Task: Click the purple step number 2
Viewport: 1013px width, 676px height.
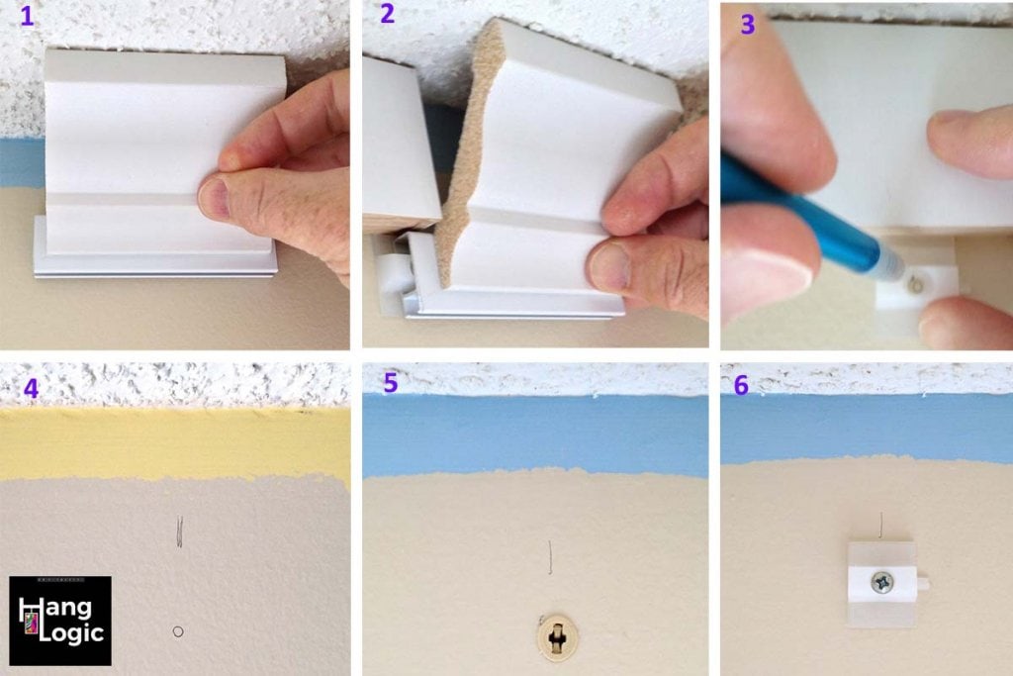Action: [x=386, y=14]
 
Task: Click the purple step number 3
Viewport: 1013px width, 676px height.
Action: [x=747, y=25]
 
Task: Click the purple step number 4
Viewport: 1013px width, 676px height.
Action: [x=31, y=387]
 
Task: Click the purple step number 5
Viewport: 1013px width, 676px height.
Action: [x=391, y=383]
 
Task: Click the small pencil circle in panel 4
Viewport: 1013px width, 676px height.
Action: [x=177, y=630]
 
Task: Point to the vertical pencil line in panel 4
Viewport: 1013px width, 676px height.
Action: [x=179, y=532]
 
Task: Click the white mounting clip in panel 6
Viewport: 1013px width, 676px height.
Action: [x=880, y=584]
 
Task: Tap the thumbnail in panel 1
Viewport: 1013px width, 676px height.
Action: [x=216, y=196]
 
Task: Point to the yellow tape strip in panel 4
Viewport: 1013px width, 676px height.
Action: [x=174, y=443]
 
